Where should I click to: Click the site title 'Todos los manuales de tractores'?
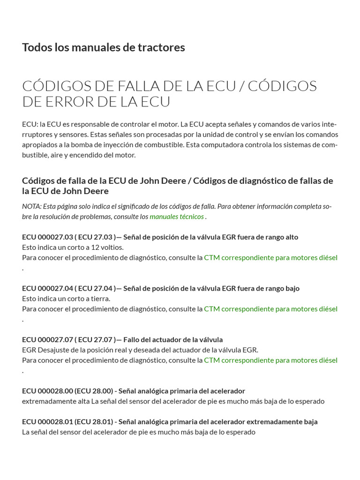point(103,47)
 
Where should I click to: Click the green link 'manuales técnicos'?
point(176,217)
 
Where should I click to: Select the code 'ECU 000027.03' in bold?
point(47,237)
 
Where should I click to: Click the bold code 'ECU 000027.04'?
point(47,288)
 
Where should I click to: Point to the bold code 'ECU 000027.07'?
point(47,339)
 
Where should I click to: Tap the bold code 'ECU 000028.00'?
point(47,391)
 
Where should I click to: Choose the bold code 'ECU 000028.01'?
point(47,422)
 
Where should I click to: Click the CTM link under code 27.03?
point(270,257)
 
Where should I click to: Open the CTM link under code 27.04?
point(270,309)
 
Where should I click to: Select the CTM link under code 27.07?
point(270,360)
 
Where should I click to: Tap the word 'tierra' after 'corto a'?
point(100,299)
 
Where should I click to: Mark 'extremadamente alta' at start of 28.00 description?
point(56,401)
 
